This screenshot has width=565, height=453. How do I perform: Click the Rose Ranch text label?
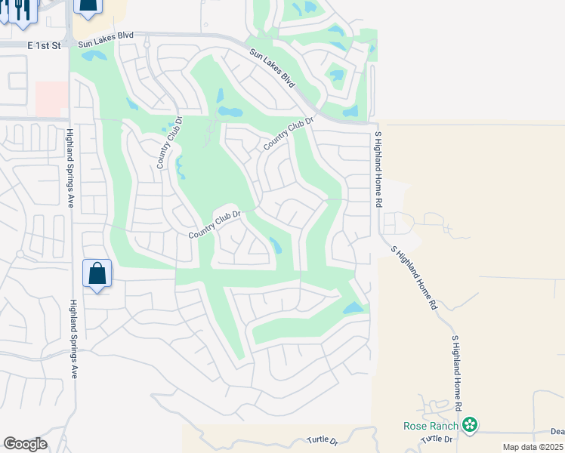[x=431, y=426]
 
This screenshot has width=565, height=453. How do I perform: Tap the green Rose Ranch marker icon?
[x=471, y=426]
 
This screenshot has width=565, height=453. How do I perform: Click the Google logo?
[x=25, y=444]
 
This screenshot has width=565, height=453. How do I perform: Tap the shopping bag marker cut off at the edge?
[x=88, y=8]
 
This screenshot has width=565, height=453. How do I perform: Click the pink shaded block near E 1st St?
[x=51, y=99]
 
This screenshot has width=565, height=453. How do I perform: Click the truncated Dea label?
[x=557, y=432]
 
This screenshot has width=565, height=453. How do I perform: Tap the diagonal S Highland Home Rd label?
[x=413, y=278]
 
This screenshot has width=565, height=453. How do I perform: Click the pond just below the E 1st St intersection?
[x=94, y=55]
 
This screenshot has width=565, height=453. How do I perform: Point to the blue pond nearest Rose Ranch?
[x=354, y=307]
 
